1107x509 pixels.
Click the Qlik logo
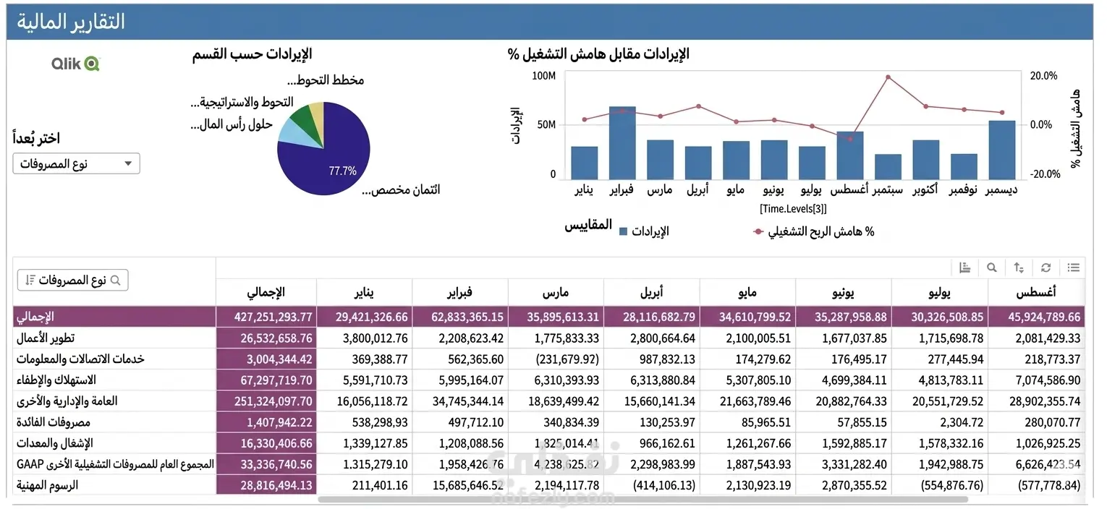[75, 64]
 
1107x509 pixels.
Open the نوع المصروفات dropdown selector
[76, 163]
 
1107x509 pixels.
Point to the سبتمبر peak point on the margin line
[888, 77]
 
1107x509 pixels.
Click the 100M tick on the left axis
[543, 76]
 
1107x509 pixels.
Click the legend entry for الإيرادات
[644, 231]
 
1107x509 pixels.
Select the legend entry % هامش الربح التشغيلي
[814, 231]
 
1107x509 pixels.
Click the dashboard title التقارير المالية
[71, 22]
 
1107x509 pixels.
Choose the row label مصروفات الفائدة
[55, 422]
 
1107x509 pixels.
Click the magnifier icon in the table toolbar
[991, 268]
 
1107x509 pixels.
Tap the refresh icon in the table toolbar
[1045, 268]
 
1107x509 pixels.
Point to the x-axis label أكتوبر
[925, 189]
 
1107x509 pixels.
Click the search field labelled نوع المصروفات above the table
[72, 280]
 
